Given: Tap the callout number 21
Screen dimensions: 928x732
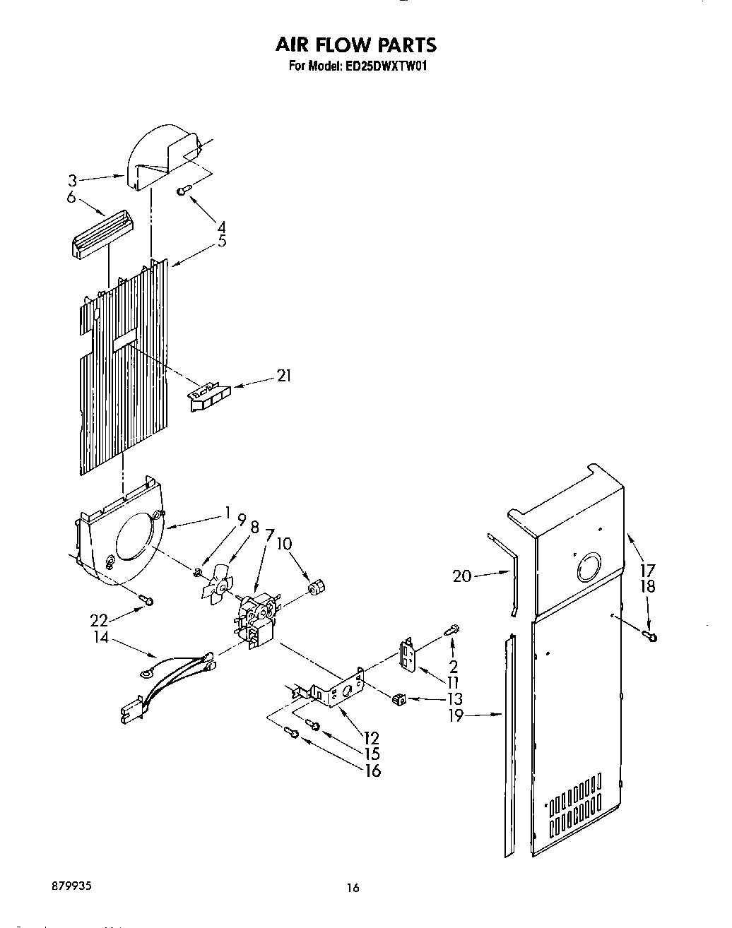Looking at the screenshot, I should point(283,376).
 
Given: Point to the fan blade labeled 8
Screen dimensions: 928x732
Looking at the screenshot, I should point(218,585).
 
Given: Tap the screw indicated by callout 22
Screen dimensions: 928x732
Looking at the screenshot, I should point(146,600).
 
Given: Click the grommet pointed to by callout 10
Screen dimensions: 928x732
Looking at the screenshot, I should point(317,587).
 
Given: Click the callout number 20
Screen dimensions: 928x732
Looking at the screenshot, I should point(461,576).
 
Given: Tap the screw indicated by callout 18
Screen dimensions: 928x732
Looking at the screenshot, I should point(651,636).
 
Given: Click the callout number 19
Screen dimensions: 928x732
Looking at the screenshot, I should point(456,716).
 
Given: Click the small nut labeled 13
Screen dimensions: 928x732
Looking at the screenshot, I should point(401,699).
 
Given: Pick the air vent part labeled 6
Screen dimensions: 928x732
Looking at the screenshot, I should point(102,235).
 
